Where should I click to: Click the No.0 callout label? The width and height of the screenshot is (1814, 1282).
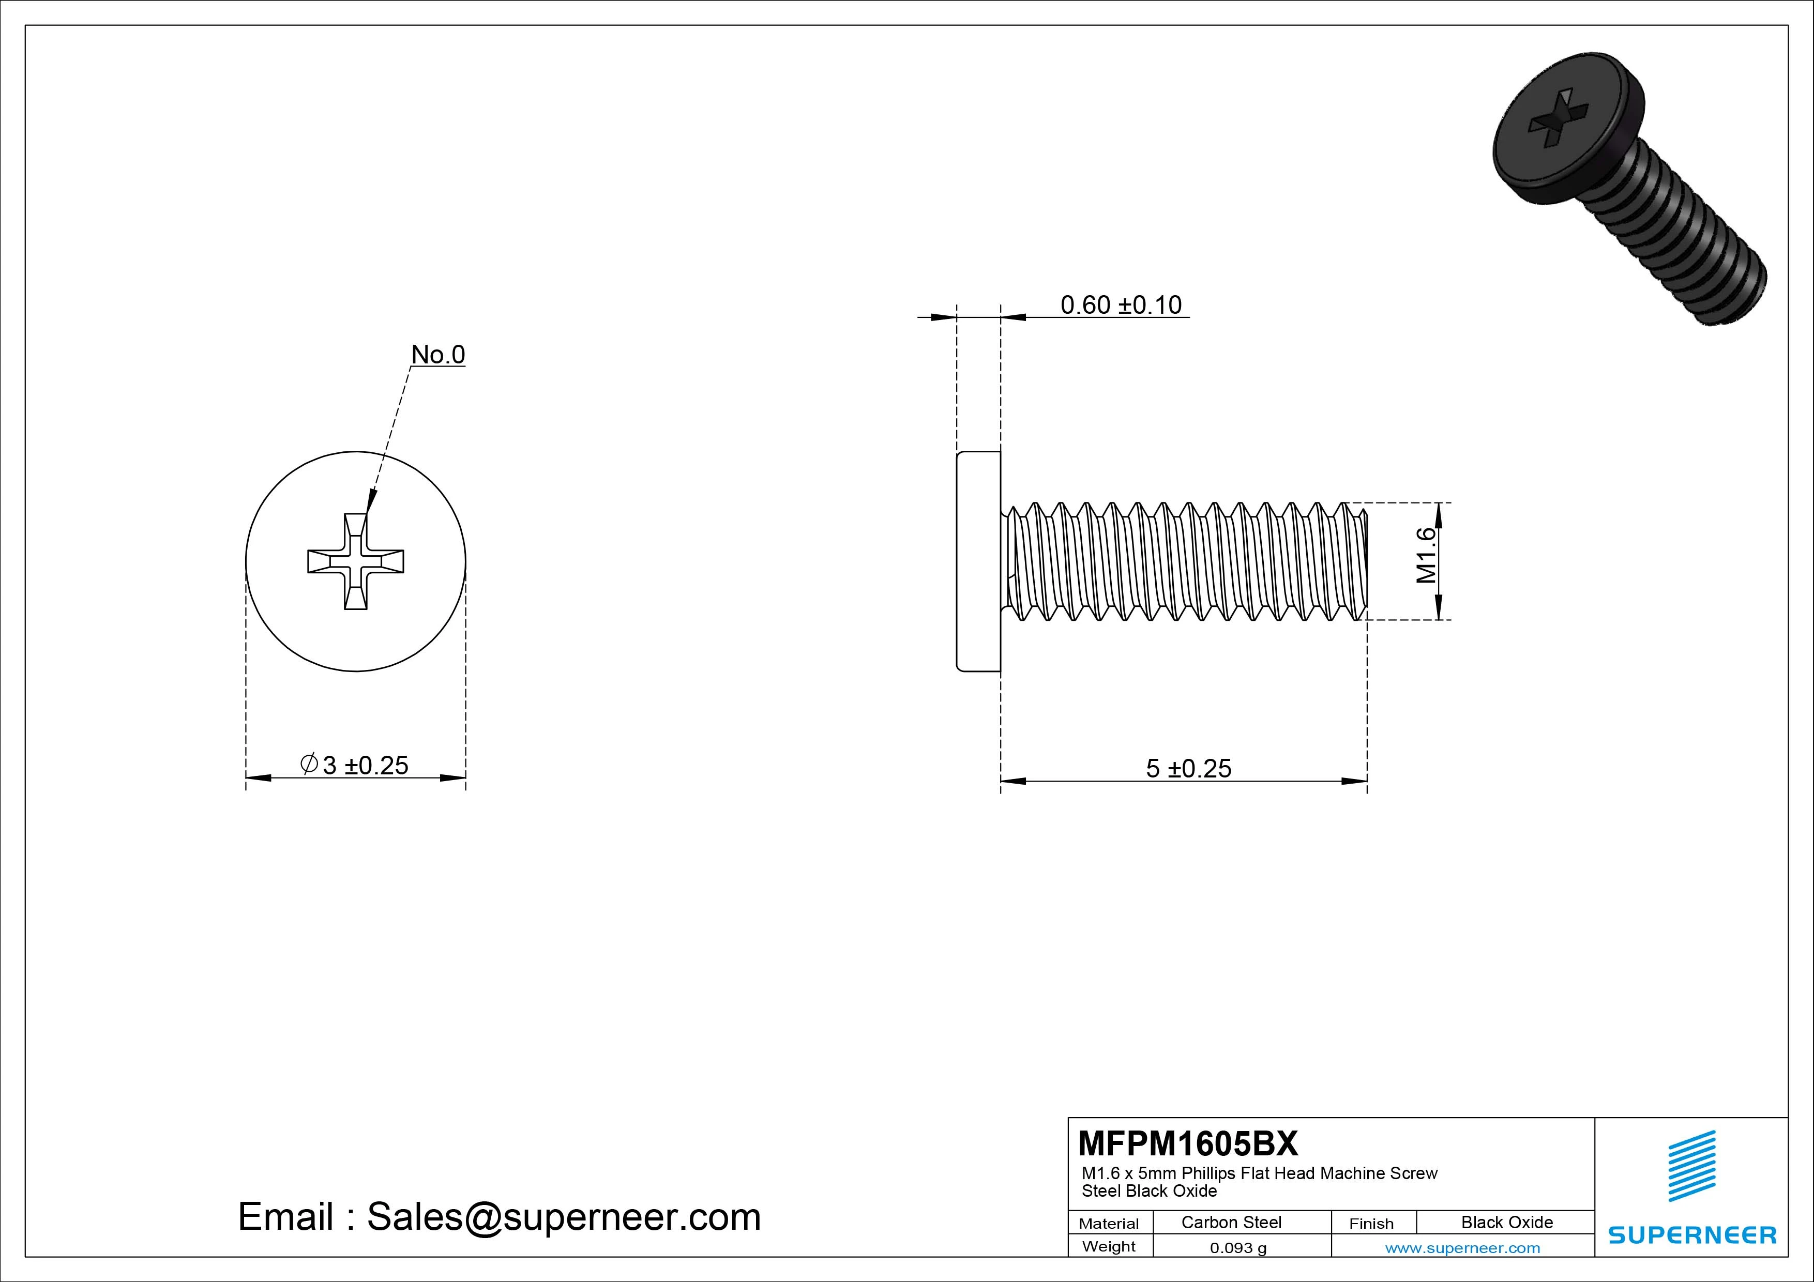click(437, 355)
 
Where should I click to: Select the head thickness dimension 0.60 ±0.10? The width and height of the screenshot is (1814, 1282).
click(1121, 305)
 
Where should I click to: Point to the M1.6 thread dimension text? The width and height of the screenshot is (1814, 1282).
click(1426, 555)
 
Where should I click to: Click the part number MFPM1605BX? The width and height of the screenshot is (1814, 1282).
click(1187, 1143)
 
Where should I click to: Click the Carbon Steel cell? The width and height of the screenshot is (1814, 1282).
click(1231, 1222)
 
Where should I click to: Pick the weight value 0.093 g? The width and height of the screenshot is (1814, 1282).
click(1237, 1248)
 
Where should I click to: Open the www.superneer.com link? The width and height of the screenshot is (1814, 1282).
click(1462, 1248)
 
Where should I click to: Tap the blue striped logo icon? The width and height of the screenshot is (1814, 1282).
click(1691, 1166)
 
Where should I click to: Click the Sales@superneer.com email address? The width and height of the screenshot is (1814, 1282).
click(563, 1216)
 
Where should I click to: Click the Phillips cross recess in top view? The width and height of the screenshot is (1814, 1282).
click(356, 561)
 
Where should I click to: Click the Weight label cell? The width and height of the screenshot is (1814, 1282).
click(1109, 1246)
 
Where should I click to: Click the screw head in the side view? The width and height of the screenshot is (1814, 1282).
click(978, 561)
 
